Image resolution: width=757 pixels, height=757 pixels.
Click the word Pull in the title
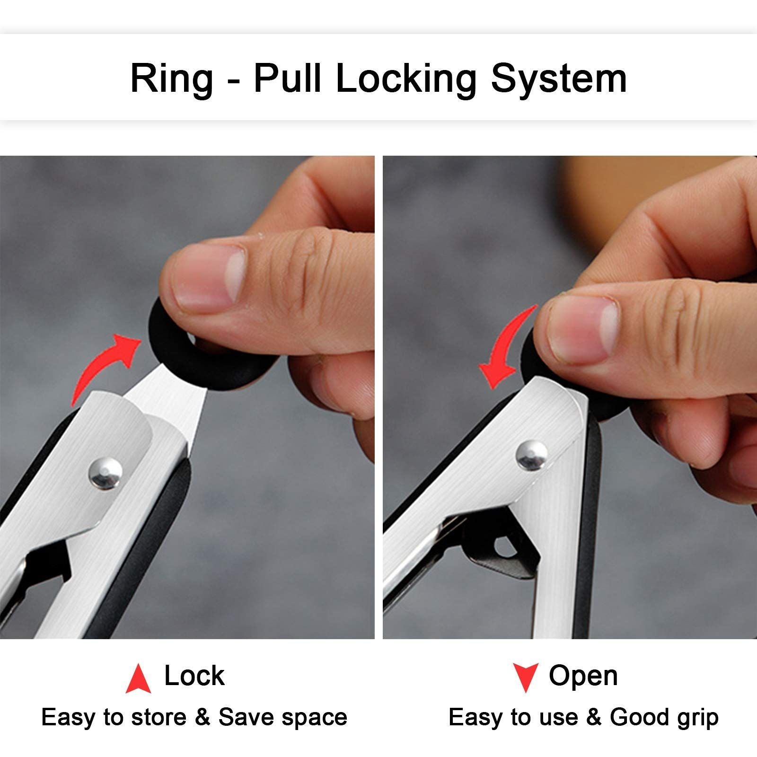pyautogui.click(x=287, y=78)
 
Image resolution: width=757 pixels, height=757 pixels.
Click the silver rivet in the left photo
pyautogui.click(x=106, y=473)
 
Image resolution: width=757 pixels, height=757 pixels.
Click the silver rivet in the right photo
pyautogui.click(x=532, y=456)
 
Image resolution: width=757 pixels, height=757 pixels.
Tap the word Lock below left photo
pyautogui.click(x=194, y=676)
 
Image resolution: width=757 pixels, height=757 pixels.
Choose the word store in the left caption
pyautogui.click(x=158, y=718)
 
